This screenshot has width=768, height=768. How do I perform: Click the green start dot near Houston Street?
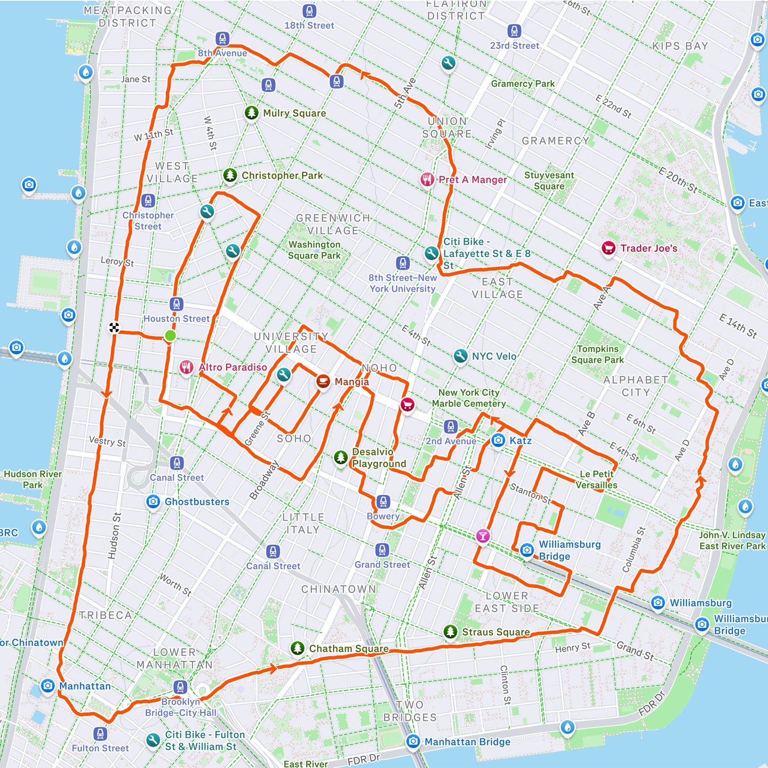[170, 335]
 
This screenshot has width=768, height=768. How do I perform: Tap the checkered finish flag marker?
[114, 327]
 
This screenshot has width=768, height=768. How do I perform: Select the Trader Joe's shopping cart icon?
[609, 248]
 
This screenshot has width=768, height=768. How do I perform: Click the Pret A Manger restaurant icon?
[427, 179]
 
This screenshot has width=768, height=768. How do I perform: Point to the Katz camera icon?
[498, 441]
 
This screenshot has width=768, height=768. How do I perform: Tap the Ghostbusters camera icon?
[153, 501]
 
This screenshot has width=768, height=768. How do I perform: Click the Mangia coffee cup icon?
[323, 381]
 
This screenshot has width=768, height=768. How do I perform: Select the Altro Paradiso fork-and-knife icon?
[186, 367]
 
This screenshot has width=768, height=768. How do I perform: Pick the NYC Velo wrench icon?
[460, 356]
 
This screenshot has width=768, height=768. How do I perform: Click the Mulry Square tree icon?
[252, 113]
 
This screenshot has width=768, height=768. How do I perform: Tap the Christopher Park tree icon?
[230, 175]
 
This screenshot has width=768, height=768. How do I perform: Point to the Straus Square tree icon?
[451, 632]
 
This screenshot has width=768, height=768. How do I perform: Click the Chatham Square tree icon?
[298, 649]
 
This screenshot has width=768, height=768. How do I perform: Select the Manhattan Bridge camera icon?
[413, 741]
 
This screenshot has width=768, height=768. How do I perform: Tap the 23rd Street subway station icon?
[514, 31]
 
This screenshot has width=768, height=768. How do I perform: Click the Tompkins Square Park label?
[597, 354]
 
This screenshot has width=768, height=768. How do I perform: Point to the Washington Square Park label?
[314, 250]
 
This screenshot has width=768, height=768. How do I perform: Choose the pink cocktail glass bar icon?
[483, 536]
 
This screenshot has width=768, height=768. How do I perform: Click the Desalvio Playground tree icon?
[341, 457]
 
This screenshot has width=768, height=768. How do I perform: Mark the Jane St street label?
[135, 79]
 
